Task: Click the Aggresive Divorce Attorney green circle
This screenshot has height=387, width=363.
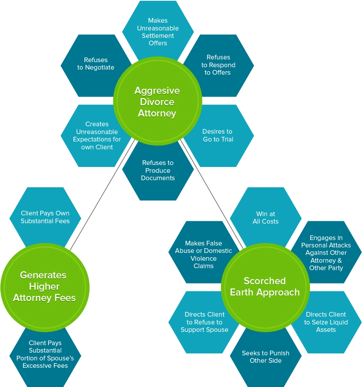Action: point(157,101)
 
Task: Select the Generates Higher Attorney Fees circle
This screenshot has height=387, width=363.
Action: point(45,287)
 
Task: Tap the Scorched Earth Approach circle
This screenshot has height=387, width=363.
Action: point(265,287)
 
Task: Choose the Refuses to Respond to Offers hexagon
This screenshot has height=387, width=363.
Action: point(218,64)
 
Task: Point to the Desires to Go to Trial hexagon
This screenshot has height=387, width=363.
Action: point(218,135)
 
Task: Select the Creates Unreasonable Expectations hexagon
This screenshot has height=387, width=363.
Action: point(96,136)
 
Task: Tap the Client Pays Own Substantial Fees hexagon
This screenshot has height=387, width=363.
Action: point(45,217)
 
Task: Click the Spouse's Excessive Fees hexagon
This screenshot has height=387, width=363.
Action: point(45,355)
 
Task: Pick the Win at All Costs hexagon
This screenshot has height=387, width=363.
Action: point(265,218)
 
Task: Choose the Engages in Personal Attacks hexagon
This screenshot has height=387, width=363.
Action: point(326,252)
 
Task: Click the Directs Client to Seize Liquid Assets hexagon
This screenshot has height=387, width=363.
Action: point(326,322)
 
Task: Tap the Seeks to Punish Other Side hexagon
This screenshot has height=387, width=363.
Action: point(265,357)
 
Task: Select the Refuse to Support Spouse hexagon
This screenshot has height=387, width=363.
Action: point(204,322)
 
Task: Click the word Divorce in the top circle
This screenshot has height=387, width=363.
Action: point(157,102)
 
